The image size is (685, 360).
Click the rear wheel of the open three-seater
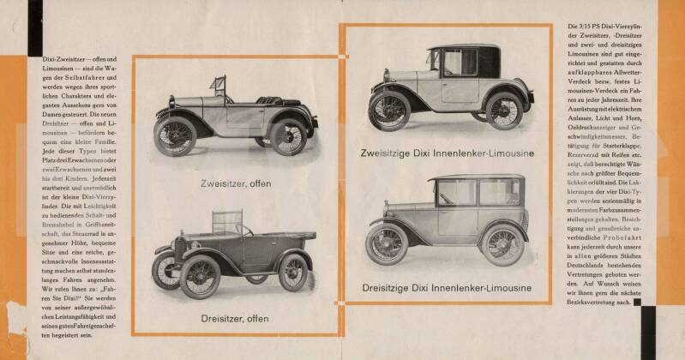pyautogui.click(x=292, y=272)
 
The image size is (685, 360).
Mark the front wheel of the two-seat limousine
pyautogui.click(x=389, y=111)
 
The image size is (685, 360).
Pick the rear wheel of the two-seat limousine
pyautogui.click(x=503, y=110)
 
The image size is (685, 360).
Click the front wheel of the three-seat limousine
pyautogui.click(x=388, y=244)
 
